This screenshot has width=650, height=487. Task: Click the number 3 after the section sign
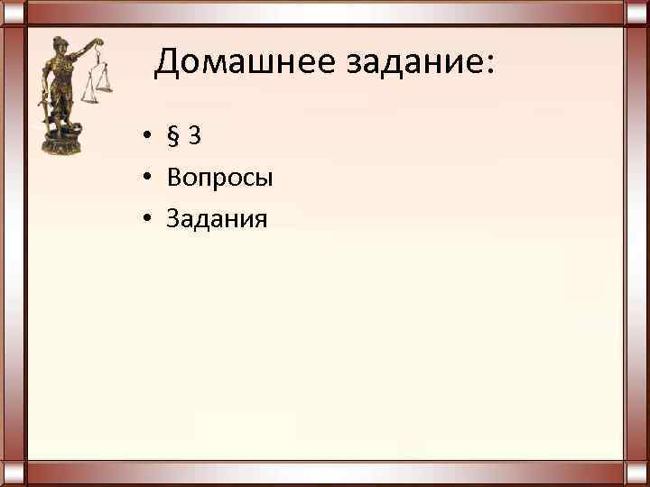click(195, 136)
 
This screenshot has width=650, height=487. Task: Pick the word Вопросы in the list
click(219, 178)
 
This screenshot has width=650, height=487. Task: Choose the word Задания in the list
click(217, 219)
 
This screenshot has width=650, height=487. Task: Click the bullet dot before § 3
click(144, 137)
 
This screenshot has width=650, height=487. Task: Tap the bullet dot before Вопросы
click(144, 179)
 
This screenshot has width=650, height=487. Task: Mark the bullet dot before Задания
click(144, 220)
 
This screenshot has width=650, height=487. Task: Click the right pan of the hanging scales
click(105, 88)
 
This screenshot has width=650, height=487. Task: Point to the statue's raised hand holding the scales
click(97, 42)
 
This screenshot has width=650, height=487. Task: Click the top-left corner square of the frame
click(13, 13)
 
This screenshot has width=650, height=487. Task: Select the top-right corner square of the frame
click(636, 13)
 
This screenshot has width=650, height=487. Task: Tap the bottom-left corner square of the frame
click(13, 473)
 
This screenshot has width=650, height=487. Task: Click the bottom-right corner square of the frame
click(636, 473)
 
